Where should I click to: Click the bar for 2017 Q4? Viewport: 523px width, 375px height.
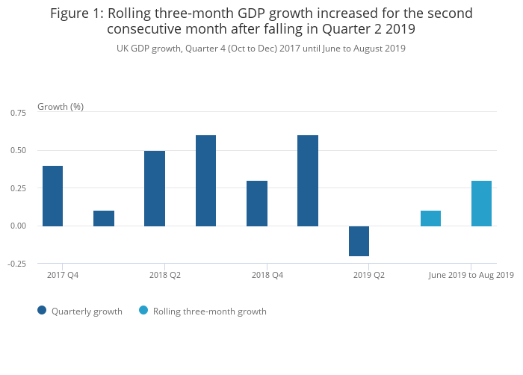pyautogui.click(x=52, y=196)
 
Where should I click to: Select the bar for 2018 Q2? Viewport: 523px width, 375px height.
pyautogui.click(x=155, y=188)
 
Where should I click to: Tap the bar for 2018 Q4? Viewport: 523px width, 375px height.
pyautogui.click(x=257, y=203)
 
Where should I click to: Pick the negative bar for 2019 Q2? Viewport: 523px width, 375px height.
pyautogui.click(x=359, y=241)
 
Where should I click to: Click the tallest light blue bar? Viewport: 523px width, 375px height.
pyautogui.click(x=482, y=203)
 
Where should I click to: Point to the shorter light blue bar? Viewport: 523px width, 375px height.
pyautogui.click(x=430, y=218)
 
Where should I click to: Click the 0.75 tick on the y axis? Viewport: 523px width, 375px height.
pyautogui.click(x=18, y=113)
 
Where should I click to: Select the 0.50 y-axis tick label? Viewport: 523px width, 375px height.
pyautogui.click(x=18, y=150)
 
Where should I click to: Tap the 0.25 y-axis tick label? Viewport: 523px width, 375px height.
pyautogui.click(x=18, y=188)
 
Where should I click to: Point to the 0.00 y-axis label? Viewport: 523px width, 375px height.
pyautogui.click(x=18, y=226)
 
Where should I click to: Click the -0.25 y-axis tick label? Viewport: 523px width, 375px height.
pyautogui.click(x=16, y=264)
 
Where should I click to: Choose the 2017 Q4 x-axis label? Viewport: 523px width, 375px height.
pyautogui.click(x=63, y=276)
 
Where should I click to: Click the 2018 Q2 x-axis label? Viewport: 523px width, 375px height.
pyautogui.click(x=165, y=276)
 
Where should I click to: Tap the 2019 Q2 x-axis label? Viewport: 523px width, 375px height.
pyautogui.click(x=369, y=276)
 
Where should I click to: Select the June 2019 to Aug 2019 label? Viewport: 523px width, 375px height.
pyautogui.click(x=471, y=276)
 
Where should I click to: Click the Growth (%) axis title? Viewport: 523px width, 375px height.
pyautogui.click(x=61, y=107)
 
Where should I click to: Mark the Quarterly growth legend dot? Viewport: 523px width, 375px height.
pyautogui.click(x=42, y=311)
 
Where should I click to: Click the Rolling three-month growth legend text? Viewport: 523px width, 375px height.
pyautogui.click(x=209, y=312)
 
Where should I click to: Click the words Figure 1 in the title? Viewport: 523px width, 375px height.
pyautogui.click(x=77, y=13)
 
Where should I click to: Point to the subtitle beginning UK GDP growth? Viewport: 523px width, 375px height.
pyautogui.click(x=261, y=49)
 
